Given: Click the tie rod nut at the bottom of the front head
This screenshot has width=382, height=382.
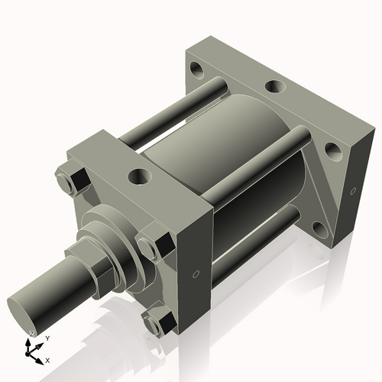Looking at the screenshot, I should click(159, 322).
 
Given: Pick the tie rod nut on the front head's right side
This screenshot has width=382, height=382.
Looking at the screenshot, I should click(154, 244).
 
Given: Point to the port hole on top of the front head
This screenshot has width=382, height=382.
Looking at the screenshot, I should click(140, 177).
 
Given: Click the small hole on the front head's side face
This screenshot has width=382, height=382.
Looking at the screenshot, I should click(196, 273).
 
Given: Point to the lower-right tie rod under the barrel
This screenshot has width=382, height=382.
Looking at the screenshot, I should click(252, 244).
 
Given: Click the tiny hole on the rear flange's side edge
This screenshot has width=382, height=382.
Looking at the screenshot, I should click(353, 189).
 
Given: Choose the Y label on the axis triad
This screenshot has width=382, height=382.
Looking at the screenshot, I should click(47, 337).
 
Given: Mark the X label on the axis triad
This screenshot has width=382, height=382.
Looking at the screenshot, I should click(48, 359).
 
